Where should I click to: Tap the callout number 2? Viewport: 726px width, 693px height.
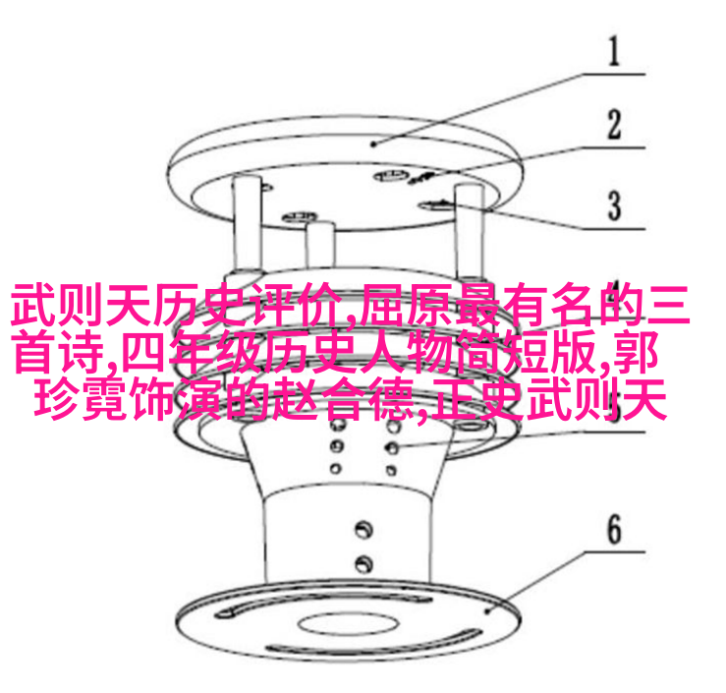[614, 124]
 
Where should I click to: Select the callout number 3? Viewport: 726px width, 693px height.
[614, 205]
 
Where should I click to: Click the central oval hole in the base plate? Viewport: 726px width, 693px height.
[348, 624]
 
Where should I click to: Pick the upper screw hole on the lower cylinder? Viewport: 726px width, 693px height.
[363, 530]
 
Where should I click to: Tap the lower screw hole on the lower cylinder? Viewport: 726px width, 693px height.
[363, 563]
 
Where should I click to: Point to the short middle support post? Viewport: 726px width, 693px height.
[320, 246]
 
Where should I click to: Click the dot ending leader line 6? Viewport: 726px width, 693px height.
[486, 611]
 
